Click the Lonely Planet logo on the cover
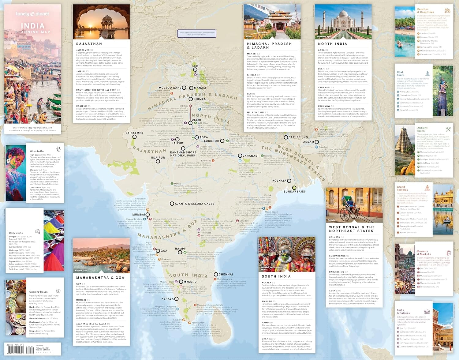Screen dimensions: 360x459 coord(32,14)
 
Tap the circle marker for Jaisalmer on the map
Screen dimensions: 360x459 coord(134,137)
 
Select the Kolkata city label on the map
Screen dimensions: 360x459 coord(279,181)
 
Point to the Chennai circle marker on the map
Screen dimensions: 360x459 coord(216,274)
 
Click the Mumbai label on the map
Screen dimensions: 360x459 coord(138,215)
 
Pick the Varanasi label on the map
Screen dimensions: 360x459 coord(251,156)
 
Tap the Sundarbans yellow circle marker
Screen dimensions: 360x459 coord(294,188)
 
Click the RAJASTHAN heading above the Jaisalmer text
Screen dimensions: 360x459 coord(89,44)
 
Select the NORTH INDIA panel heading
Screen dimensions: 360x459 coord(333,44)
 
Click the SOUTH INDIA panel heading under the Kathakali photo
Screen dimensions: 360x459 coord(276,276)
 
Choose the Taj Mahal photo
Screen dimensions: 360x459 coord(343,21)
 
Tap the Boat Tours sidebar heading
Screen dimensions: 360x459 coord(401,73)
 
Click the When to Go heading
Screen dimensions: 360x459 coord(36,151)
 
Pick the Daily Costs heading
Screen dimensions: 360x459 coord(16,233)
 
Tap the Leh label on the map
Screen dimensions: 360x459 coord(195,66)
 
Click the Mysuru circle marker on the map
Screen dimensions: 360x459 coord(181,282)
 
